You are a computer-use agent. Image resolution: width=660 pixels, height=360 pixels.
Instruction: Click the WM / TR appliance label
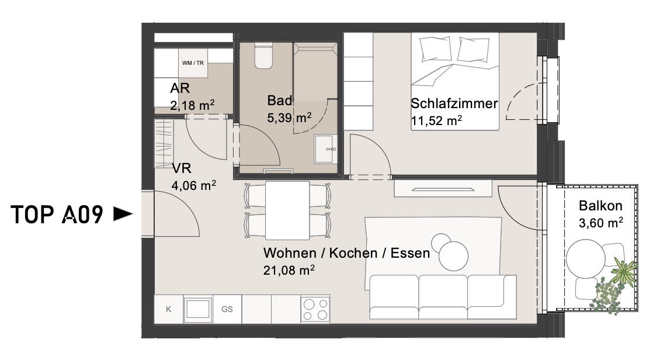click(x=193, y=63)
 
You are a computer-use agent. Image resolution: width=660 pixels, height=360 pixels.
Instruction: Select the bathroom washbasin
click(x=326, y=148)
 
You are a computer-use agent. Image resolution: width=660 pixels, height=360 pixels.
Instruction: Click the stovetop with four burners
click(x=315, y=310)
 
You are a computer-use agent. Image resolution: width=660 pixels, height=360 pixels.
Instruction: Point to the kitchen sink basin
click(x=198, y=310)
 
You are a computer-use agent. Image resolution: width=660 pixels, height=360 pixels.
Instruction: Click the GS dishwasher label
click(x=227, y=310)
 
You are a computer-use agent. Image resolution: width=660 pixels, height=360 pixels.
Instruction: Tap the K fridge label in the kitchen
click(x=168, y=310)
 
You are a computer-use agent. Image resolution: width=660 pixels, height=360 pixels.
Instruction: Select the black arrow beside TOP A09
click(x=123, y=214)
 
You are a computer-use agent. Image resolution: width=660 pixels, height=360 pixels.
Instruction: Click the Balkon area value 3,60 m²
click(x=600, y=222)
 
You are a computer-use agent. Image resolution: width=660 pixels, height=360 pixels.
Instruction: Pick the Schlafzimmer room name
click(x=454, y=103)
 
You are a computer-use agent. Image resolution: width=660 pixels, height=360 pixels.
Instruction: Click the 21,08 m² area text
click(x=289, y=270)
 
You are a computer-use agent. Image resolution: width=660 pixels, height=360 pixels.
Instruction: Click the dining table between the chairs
click(x=287, y=210)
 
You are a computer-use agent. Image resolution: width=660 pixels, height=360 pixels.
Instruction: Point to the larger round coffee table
click(x=454, y=256)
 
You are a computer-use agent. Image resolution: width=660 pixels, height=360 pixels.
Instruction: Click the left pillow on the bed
click(x=435, y=49)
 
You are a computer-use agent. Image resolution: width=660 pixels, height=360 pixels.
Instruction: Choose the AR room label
click(x=180, y=88)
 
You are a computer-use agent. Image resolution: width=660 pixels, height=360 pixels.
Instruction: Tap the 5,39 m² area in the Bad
click(x=289, y=117)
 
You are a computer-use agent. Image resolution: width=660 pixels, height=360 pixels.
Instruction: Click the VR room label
click(x=182, y=168)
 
